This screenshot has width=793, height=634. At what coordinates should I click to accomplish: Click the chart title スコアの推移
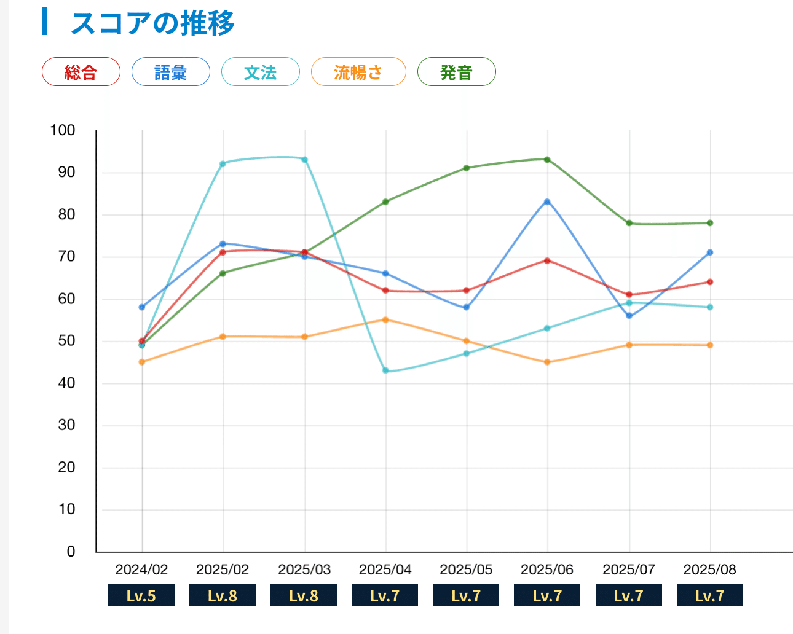pos(152,23)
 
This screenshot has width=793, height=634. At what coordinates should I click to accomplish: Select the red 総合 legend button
pos(81,72)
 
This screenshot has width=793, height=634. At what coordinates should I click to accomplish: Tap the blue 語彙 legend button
pos(171,72)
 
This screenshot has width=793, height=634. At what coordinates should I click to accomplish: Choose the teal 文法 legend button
pos(261,72)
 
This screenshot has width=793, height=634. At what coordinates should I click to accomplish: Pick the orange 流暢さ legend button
pos(358,72)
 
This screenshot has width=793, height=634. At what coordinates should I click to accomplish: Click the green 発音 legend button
pos(456,72)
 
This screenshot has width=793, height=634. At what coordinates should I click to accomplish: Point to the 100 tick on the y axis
pos(63,130)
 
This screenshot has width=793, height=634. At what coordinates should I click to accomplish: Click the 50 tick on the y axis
pos(66,341)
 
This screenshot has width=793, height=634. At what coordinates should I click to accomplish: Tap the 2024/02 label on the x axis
pos(141,569)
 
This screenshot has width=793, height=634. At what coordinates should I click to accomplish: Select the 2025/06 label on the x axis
pos(547,569)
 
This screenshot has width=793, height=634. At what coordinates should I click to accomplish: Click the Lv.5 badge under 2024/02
pos(141,595)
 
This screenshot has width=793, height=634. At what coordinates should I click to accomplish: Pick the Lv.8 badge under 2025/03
pos(304,595)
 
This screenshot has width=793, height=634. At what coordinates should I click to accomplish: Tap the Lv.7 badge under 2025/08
pos(710,595)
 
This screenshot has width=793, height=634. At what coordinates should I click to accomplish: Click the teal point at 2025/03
pos(304,160)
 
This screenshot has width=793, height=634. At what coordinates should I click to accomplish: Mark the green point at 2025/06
pos(547,160)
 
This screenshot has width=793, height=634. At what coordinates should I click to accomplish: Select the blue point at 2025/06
pos(547,202)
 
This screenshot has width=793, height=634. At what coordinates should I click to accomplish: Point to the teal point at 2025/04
pos(385,370)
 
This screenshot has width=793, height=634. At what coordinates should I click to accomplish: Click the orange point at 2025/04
pos(385,319)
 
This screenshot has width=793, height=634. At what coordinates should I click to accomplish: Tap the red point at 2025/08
pos(710,282)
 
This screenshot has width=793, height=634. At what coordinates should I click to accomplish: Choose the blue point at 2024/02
pos(142,307)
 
